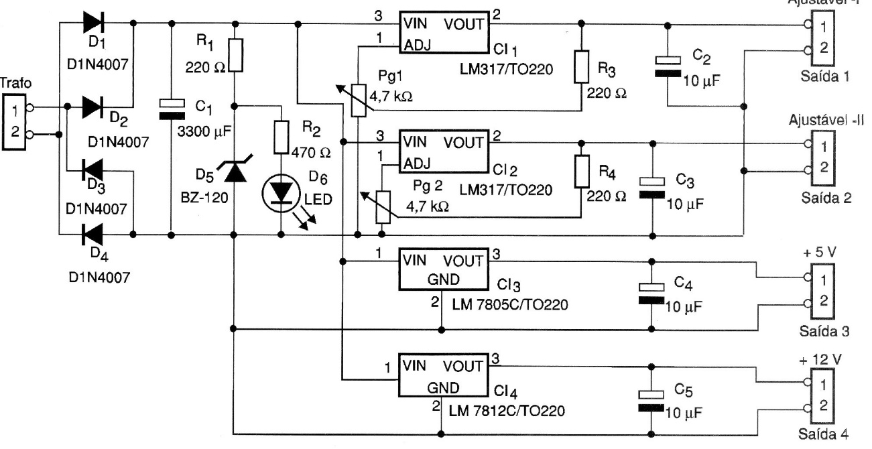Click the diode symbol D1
tap(94, 23)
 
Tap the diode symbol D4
tap(93, 235)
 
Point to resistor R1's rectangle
tap(234, 54)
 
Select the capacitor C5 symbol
tap(651, 399)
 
